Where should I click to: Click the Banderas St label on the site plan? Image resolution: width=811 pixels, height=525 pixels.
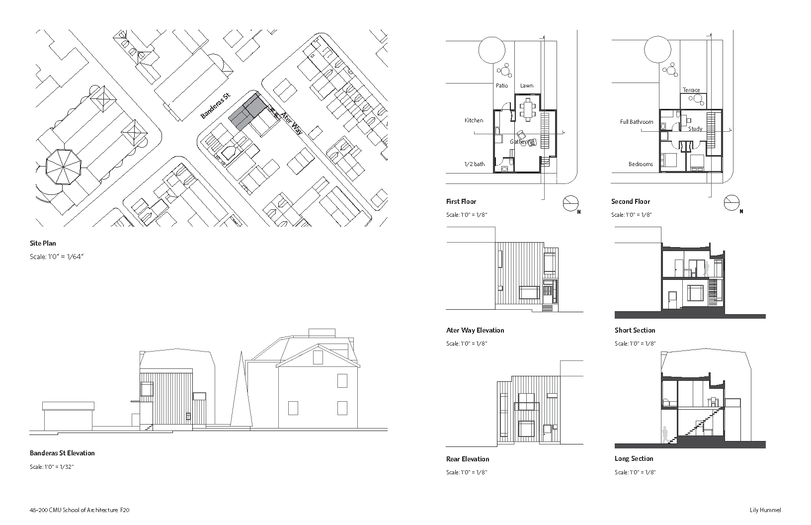216,106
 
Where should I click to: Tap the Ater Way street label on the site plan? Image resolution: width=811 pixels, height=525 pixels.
292,123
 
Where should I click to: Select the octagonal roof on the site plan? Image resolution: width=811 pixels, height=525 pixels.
64,167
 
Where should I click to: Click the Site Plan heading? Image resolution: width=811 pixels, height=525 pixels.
43,243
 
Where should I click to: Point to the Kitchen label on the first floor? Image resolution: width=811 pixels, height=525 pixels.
474,120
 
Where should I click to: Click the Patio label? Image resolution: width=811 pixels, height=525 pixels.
502,86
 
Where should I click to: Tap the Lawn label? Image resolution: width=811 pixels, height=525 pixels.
527,86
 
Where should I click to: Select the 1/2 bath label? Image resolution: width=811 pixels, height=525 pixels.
474,164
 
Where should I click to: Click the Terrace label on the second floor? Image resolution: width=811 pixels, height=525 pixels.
691,90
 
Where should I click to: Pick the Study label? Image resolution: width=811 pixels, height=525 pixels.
695,129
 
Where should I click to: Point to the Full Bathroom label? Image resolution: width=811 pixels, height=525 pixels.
637,122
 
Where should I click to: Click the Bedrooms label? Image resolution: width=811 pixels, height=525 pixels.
641,164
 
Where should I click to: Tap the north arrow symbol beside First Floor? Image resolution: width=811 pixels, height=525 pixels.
570,203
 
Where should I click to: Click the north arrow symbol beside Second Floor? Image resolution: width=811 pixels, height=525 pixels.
731,203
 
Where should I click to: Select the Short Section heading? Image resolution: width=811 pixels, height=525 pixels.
635,330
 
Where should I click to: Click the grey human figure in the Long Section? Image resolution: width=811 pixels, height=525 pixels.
665,439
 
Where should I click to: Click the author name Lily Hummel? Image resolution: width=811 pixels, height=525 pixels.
765,510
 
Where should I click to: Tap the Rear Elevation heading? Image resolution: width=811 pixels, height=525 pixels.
468,459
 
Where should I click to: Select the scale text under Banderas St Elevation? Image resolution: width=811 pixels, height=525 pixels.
52,467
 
